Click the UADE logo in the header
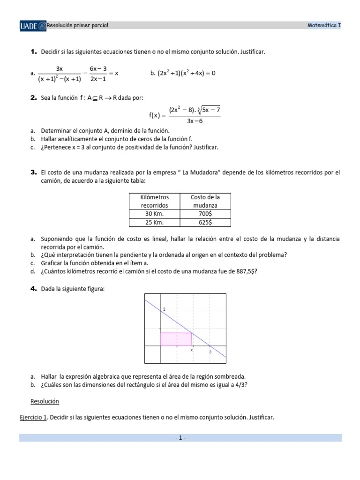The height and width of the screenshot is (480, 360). [33, 25]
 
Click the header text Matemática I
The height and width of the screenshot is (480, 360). [324, 25]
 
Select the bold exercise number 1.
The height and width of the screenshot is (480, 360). [33, 52]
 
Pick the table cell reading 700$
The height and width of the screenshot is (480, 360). [205, 214]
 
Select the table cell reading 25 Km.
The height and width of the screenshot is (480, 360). [154, 223]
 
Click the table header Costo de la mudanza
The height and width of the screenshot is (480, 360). [205, 201]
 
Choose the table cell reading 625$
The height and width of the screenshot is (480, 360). [205, 223]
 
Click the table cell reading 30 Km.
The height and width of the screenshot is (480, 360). [154, 214]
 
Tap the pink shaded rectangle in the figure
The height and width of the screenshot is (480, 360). [176, 339]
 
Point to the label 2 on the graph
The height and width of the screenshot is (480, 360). [164, 309]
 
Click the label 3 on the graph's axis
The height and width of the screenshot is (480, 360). [210, 352]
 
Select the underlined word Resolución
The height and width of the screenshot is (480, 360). [45, 401]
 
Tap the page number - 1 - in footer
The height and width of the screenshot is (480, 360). [180, 438]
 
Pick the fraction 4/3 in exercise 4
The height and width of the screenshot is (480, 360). [242, 385]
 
